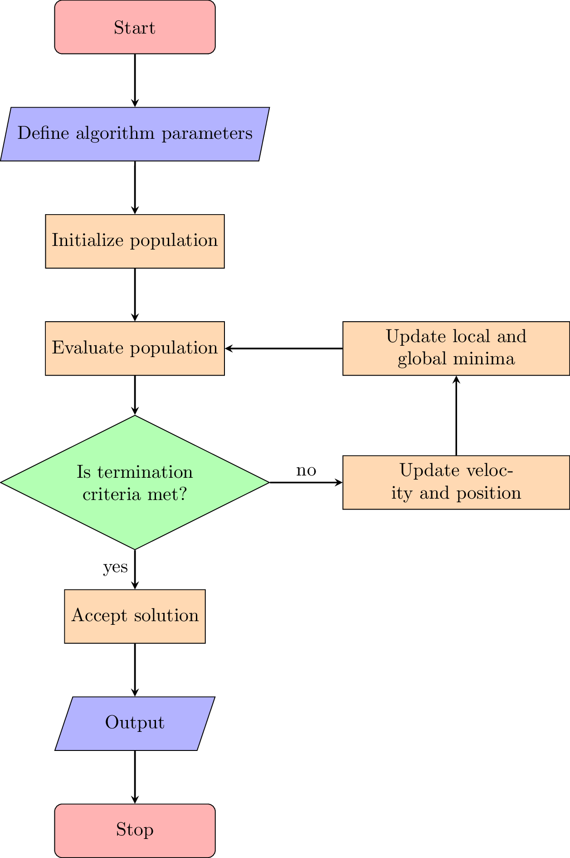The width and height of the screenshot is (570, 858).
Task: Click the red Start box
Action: [x=135, y=27]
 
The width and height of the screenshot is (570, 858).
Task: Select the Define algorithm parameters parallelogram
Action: [x=135, y=134]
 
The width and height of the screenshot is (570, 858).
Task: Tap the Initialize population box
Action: [x=135, y=241]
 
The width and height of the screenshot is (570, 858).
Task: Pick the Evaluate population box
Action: [x=135, y=348]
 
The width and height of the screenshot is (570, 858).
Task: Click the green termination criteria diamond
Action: [x=135, y=482]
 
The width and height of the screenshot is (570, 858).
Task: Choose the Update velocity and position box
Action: [x=456, y=482]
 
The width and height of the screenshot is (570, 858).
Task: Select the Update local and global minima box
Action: [x=456, y=348]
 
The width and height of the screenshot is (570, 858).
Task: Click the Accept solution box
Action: [x=135, y=616]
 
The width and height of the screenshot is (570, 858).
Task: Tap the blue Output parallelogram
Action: [x=135, y=723]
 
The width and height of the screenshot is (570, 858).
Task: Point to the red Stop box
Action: [x=135, y=830]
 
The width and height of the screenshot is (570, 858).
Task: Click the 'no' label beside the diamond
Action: [x=306, y=471]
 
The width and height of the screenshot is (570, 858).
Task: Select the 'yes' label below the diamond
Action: [x=115, y=567]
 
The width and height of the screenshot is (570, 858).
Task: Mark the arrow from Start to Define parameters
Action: [x=135, y=80]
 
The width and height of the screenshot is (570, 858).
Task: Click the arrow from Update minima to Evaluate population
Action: [x=283, y=348]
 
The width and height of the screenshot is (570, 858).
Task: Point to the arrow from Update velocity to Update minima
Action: [x=456, y=415]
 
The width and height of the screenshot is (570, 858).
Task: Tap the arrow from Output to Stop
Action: [x=135, y=777]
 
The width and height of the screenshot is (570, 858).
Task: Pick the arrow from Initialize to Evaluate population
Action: [x=135, y=294]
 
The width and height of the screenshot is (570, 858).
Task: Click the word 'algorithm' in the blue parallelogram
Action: [x=115, y=133]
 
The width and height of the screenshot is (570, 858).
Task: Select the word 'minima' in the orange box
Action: [x=484, y=359]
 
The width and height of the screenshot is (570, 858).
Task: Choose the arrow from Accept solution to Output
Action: [x=135, y=670]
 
